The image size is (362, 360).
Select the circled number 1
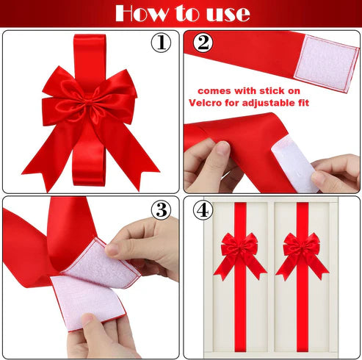161,43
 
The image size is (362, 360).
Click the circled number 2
203,43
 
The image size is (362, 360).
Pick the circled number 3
162,209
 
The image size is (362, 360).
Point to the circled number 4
203,210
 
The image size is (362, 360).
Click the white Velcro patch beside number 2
330,58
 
